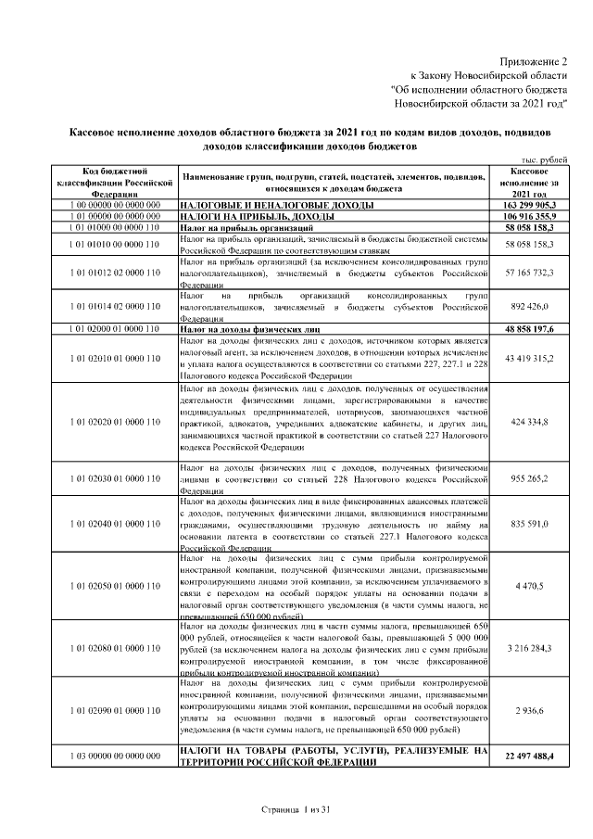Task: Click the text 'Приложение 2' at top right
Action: pyautogui.click(x=533, y=58)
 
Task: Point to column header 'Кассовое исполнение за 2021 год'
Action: pyautogui.click(x=530, y=183)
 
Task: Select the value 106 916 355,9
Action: pyautogui.click(x=530, y=214)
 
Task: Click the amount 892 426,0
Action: pyautogui.click(x=530, y=305)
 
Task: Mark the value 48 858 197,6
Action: pyautogui.click(x=530, y=328)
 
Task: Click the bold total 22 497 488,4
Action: pyautogui.click(x=530, y=756)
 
